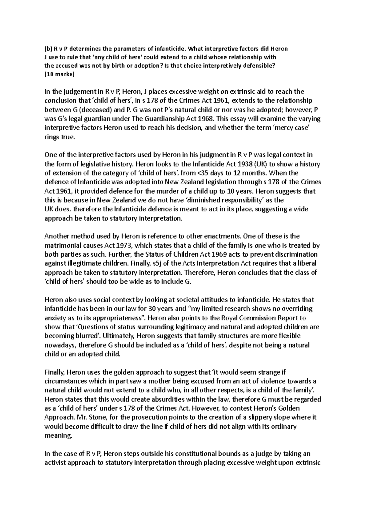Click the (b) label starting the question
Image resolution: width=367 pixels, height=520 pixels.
(49, 48)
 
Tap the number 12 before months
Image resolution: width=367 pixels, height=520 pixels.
(228, 173)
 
